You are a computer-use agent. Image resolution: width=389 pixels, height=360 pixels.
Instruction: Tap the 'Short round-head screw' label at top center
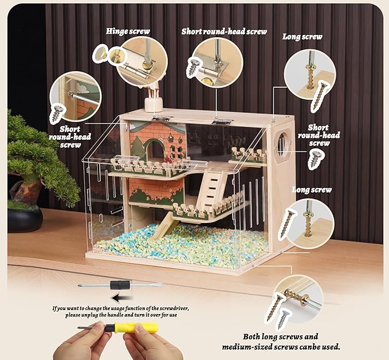[224, 31]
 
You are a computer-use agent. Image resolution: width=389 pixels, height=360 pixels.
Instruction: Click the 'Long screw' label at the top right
[302, 37]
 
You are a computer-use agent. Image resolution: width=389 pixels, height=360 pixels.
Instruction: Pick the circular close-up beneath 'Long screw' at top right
[310, 77]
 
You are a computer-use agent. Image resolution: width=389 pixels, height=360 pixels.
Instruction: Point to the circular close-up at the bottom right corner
[297, 299]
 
